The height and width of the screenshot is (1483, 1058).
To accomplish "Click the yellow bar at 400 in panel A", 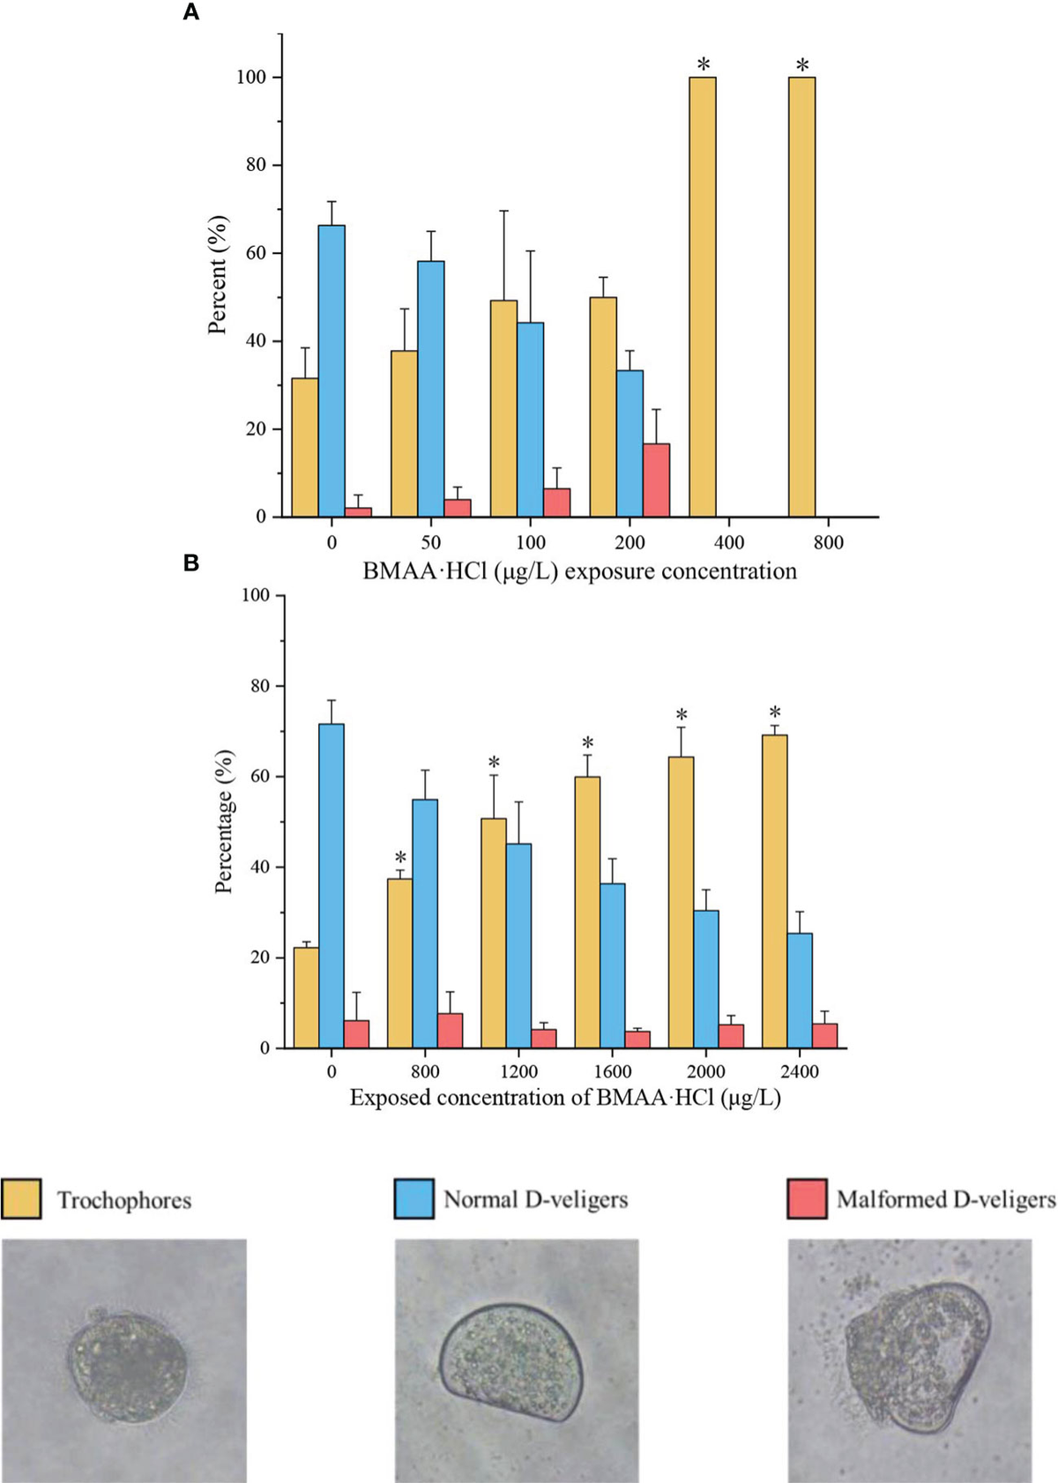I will point(702,296).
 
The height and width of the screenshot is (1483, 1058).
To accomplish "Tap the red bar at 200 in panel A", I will point(656,481).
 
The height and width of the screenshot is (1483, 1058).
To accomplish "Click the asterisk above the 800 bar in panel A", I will point(802,66).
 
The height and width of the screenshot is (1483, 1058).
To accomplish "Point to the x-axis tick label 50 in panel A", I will point(430,542).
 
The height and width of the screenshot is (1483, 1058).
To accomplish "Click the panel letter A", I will point(190,12).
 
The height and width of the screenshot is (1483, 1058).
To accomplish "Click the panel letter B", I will point(190,563).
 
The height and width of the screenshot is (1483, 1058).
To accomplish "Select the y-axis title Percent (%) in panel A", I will point(217,275).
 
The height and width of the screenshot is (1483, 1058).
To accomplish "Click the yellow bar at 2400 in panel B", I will point(774,891).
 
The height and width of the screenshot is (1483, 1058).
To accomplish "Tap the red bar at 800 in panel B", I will point(450,1030).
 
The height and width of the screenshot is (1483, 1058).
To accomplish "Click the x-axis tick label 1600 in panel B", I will point(612,1072).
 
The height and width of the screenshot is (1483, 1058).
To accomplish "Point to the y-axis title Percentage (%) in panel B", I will point(224,822).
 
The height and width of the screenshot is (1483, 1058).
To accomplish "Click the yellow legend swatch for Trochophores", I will point(21,1199).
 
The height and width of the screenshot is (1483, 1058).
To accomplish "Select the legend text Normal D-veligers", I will point(535,1199).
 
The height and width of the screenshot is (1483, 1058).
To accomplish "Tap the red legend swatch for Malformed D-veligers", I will point(807,1199).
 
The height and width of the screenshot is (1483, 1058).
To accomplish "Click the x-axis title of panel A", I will point(579,571).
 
